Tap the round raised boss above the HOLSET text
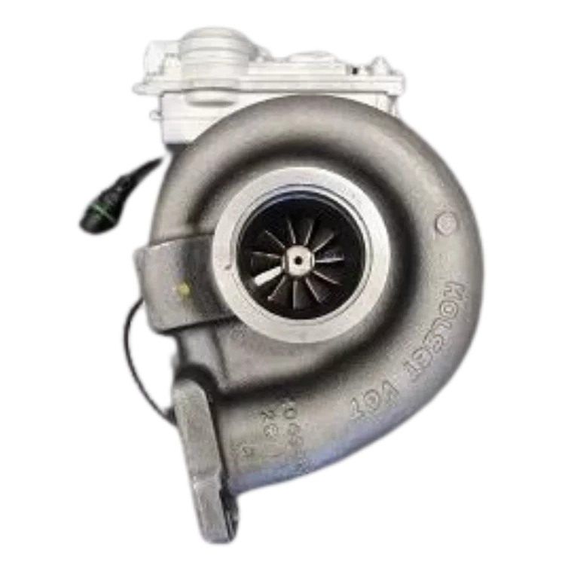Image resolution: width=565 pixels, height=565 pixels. pyautogui.click(x=446, y=223)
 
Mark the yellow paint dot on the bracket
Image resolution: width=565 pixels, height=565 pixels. pyautogui.click(x=182, y=289)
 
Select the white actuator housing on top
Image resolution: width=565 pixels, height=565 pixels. pyautogui.click(x=271, y=75)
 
